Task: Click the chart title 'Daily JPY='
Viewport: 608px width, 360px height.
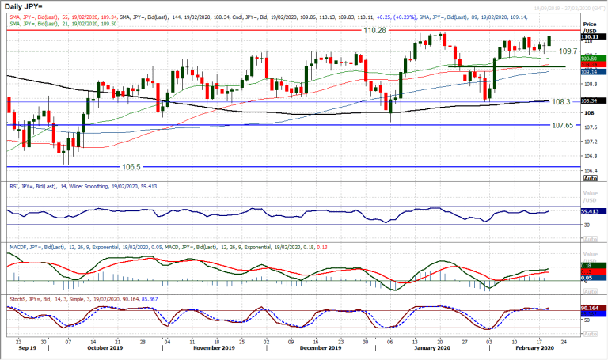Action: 23,7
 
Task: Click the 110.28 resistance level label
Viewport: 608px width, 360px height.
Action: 374,30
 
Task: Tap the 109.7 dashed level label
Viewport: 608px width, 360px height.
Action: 568,51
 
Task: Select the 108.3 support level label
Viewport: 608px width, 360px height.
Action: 561,101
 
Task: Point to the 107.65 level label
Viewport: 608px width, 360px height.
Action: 563,125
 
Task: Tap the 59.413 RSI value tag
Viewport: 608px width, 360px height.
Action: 590,211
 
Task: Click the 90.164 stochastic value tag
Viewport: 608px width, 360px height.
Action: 590,307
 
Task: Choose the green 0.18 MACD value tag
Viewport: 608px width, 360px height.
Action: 590,265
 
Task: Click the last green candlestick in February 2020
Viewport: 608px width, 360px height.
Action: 550,40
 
